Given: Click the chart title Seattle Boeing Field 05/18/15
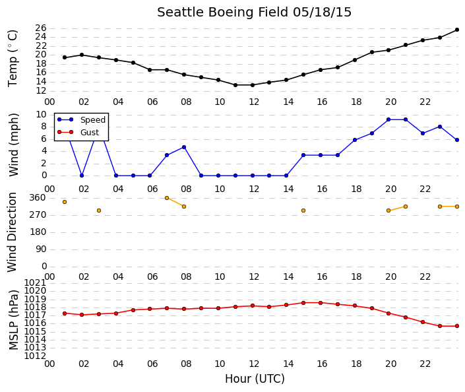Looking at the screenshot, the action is (x=254, y=13).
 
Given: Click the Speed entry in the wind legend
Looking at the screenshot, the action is (x=93, y=120).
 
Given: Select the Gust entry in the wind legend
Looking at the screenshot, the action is (x=90, y=133).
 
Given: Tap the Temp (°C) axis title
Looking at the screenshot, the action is (x=13, y=59).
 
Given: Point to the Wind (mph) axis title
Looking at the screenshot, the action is (x=13, y=145).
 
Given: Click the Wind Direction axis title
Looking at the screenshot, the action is (x=12, y=232).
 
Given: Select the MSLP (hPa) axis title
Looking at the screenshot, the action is (x=13, y=319).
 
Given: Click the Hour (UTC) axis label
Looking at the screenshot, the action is (x=255, y=379).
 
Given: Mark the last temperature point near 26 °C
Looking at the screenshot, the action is (x=457, y=30).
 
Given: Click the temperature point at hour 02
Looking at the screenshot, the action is (x=82, y=55).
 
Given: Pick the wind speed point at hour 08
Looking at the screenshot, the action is (x=184, y=147).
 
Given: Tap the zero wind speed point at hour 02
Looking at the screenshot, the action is (x=82, y=176).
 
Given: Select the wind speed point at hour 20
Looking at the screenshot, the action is (x=388, y=119).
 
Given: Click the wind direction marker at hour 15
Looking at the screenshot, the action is (x=303, y=211).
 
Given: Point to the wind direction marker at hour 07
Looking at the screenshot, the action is (x=167, y=198).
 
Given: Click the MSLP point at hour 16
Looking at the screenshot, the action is (x=321, y=303).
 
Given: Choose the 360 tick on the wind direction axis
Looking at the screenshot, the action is (x=38, y=198).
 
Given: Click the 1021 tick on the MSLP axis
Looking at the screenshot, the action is (x=35, y=282).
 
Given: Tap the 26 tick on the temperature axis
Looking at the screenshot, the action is (x=41, y=28).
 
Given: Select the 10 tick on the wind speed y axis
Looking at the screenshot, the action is (x=41, y=115).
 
